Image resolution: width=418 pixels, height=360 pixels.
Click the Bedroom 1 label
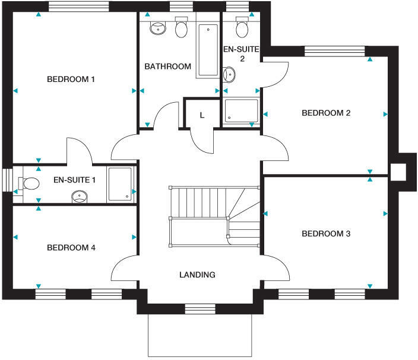coord(72,79)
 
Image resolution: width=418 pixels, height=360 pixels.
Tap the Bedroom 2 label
coord(325,113)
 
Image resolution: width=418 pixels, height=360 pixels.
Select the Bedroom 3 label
coord(325,234)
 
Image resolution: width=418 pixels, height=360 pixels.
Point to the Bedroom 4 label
coord(71,248)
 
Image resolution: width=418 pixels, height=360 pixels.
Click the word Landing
coord(197,275)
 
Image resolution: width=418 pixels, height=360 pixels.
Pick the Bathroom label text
coord(168,67)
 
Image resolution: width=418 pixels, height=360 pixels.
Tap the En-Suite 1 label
coord(74,179)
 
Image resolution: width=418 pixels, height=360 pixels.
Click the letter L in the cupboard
coord(202,115)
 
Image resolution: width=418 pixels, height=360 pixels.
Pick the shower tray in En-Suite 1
coord(121,184)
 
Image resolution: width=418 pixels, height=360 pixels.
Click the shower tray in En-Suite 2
coord(241,111)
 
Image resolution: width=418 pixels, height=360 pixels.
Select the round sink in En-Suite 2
coord(229,75)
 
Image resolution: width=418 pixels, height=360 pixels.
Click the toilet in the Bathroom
coord(182,28)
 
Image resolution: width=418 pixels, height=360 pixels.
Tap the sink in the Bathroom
coord(158,27)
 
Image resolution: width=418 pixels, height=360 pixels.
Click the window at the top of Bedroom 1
coord(78,7)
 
